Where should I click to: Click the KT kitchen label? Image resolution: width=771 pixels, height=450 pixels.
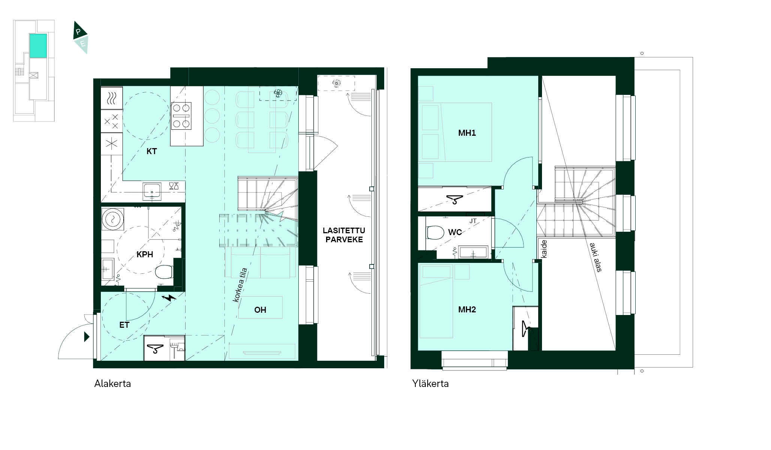coord(151,151)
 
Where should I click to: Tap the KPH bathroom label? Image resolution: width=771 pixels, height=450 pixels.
coord(145,255)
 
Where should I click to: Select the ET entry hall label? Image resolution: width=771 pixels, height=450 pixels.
coord(124,325)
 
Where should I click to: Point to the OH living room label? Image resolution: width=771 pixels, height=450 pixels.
coord(260,310)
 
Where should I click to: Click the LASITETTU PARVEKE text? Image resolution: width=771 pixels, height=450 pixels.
coord(344,235)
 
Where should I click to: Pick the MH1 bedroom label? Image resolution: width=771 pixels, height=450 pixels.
coord(467,133)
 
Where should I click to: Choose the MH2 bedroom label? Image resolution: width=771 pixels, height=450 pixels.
coord(467,309)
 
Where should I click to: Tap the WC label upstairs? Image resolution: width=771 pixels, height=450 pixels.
coord(455,232)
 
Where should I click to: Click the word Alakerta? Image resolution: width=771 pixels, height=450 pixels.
coord(112,384)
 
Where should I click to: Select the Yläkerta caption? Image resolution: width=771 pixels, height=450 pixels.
coord(430,384)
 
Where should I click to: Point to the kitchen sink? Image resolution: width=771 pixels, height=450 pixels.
coord(152,191)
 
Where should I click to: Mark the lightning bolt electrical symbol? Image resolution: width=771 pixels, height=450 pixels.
coord(169,298)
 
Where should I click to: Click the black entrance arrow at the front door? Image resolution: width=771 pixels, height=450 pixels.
coord(87,337)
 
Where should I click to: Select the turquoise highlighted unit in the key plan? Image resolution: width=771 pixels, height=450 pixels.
coord(38,46)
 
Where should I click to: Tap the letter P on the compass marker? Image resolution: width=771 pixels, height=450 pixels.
coord(78,32)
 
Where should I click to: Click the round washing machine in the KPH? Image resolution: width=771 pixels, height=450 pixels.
coord(112,219)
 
